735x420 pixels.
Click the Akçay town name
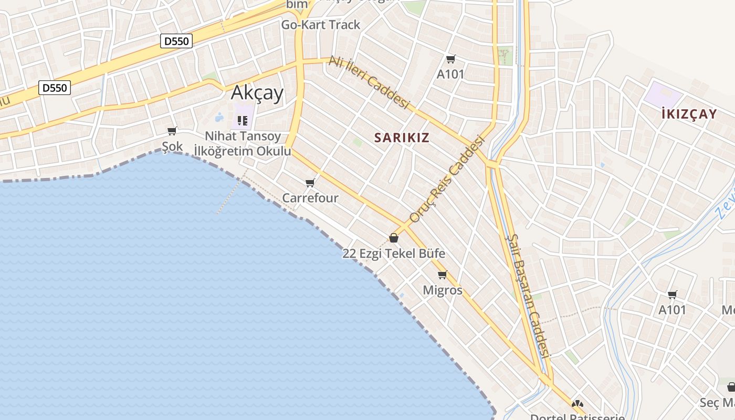257,93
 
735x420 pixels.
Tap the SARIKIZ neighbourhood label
402,138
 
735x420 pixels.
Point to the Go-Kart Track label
321,25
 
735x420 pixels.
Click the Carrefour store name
310,198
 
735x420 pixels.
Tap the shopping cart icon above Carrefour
310,183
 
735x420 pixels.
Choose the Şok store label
172,146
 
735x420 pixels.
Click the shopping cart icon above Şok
172,131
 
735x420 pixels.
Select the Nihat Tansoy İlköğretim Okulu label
243,144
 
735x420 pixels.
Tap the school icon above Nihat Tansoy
242,121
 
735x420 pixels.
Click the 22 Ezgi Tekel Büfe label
394,254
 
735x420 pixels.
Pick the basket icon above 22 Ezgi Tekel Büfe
394,238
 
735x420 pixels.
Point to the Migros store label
443,290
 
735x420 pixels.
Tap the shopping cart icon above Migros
442,275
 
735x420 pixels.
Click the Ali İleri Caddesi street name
368,82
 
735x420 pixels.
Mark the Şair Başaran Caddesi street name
528,296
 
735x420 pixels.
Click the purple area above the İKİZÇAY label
663,94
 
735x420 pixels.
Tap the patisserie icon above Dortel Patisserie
577,404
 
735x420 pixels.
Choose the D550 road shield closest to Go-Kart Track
176,41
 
